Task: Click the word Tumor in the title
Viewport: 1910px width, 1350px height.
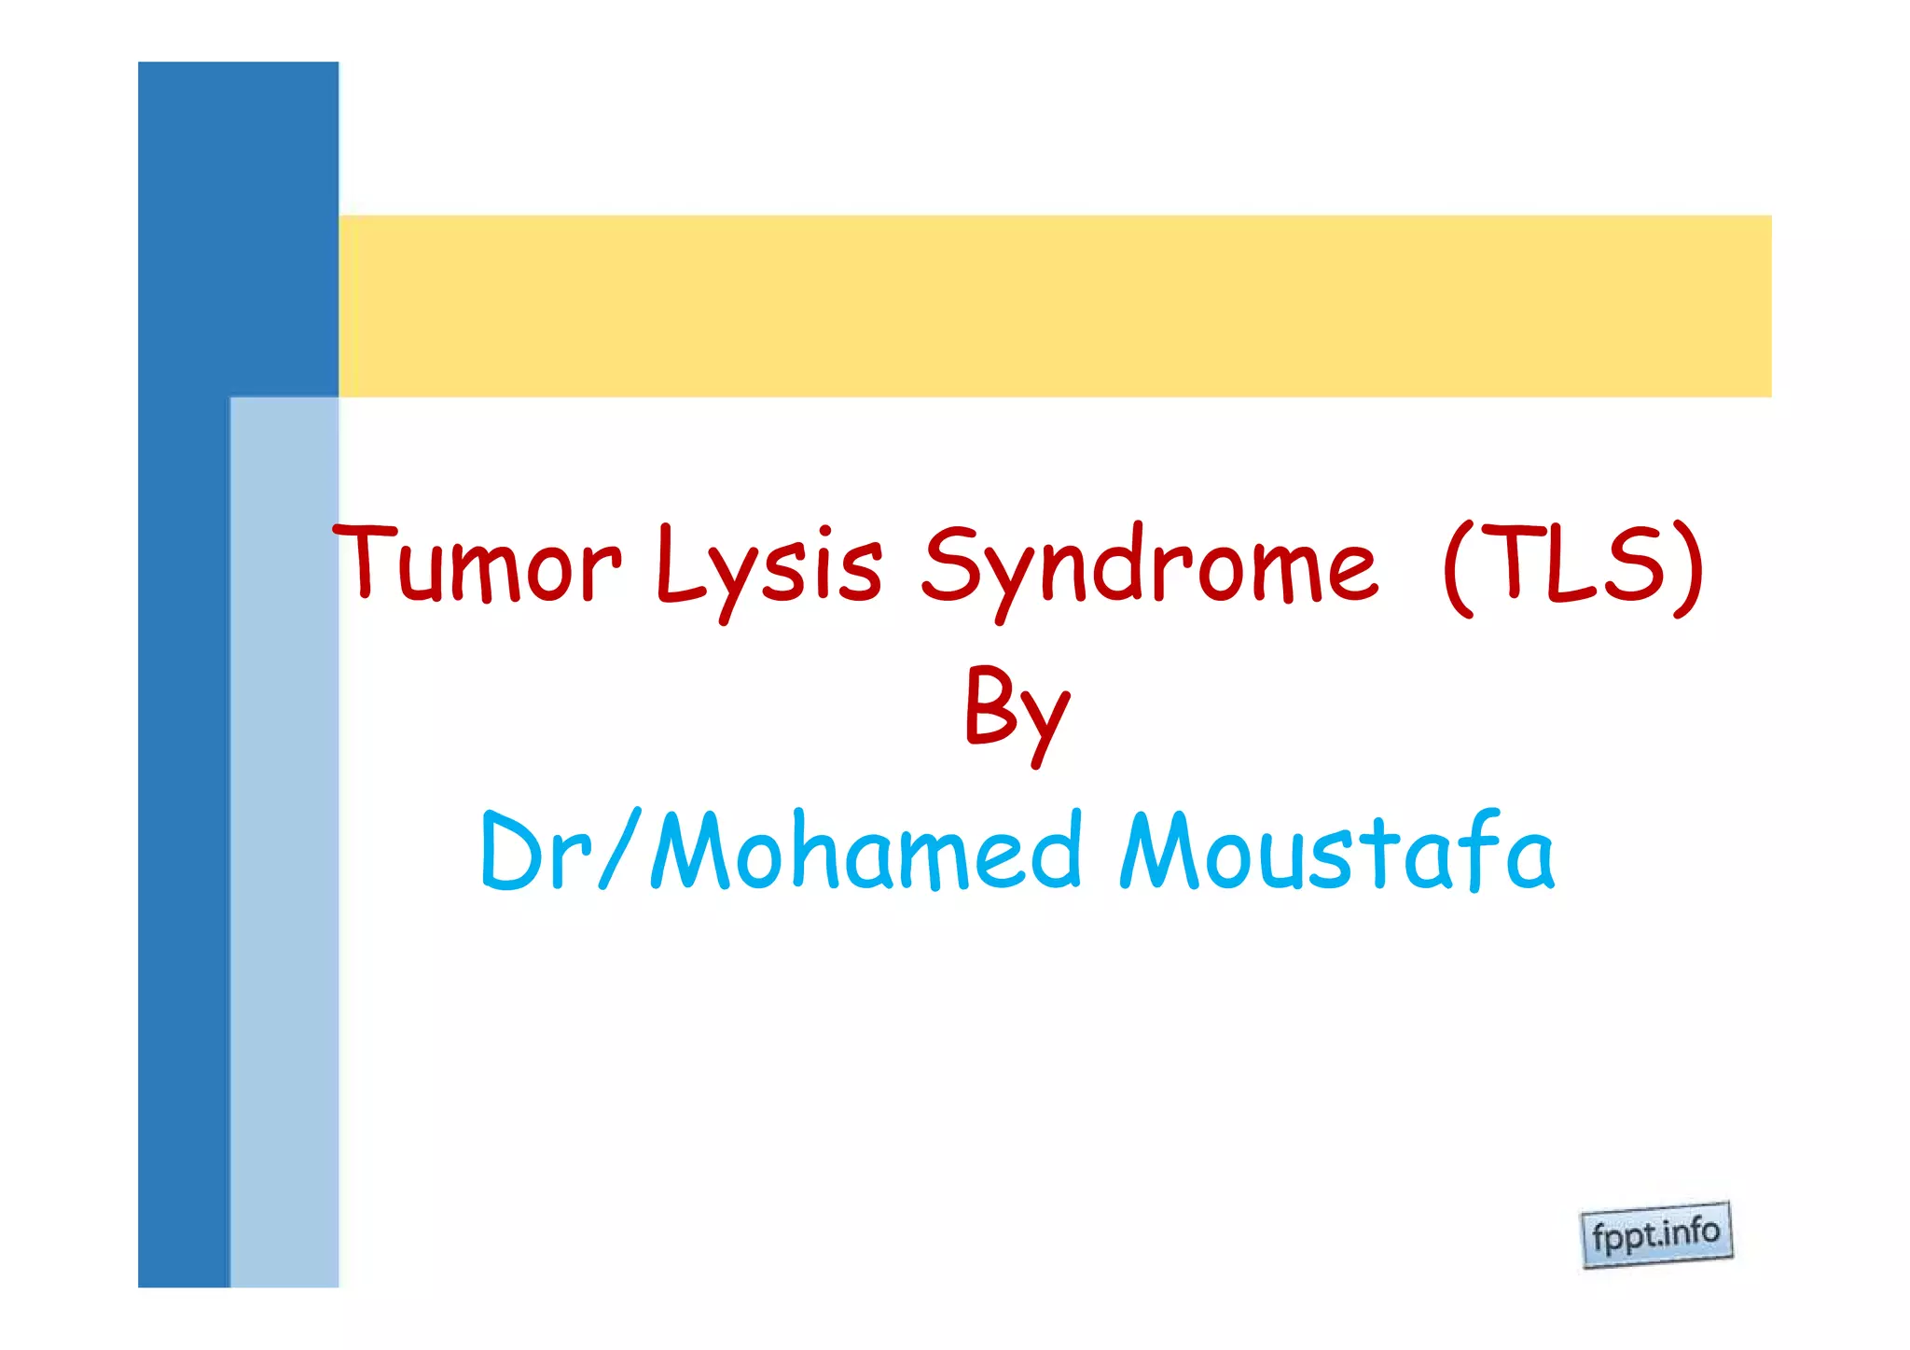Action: tap(477, 564)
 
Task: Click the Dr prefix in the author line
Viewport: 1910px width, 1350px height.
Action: tap(535, 851)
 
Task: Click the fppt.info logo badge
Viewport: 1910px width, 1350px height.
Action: tap(1656, 1235)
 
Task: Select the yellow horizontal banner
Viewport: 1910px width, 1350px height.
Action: tap(1054, 306)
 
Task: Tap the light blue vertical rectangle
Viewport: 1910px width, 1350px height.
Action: tap(284, 840)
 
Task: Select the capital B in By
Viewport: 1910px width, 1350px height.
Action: tap(989, 704)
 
